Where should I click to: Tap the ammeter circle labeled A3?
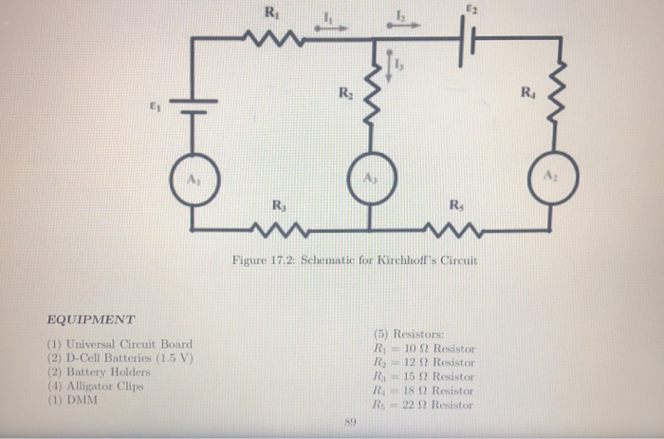click(x=368, y=180)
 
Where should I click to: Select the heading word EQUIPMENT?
click(x=91, y=320)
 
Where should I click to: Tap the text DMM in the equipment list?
click(x=83, y=400)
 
